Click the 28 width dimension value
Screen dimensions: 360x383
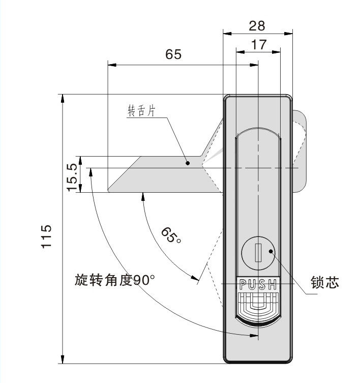[257, 25]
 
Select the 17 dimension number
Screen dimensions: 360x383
[259, 45]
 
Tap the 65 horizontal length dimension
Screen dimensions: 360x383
[173, 54]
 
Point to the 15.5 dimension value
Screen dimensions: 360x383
[73, 178]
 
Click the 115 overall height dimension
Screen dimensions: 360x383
[46, 236]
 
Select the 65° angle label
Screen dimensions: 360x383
[171, 235]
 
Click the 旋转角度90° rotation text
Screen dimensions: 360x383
[115, 280]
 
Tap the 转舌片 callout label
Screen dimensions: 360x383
[141, 111]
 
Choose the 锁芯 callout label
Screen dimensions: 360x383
[325, 282]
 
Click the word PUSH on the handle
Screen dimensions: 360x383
[258, 284]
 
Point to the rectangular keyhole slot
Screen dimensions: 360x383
[258, 253]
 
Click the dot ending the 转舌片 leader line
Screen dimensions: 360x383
[188, 163]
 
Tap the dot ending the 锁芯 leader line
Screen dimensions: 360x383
[271, 251]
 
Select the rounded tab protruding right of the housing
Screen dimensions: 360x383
[299, 151]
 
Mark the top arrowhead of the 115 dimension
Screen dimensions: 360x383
[63, 98]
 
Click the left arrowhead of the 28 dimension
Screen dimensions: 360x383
[227, 34]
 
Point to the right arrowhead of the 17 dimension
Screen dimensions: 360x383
[276, 52]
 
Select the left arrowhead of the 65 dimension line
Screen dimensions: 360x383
[112, 65]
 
